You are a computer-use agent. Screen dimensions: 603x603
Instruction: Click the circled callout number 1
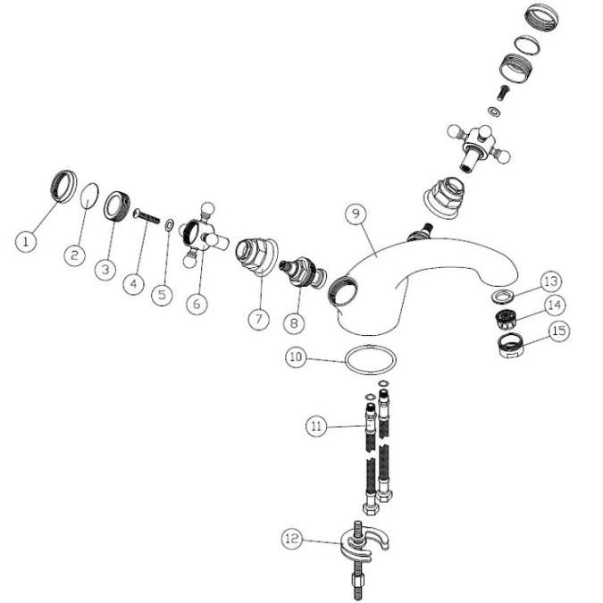26,241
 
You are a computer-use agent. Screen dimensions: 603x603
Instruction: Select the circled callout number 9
356,214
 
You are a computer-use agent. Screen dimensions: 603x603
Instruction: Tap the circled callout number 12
292,539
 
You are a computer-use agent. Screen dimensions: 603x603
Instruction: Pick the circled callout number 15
559,331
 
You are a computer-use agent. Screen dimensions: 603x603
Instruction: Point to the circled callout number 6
197,304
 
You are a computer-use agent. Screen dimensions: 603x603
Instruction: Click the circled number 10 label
296,356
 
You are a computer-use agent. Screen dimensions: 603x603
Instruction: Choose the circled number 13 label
551,281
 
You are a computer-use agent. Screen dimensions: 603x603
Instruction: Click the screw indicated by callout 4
147,216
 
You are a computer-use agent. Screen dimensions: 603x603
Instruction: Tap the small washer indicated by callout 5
169,225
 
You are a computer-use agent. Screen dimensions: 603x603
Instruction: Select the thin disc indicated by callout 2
89,196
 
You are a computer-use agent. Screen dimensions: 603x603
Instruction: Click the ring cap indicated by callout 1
63,186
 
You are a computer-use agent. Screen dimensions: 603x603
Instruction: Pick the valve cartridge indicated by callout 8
303,272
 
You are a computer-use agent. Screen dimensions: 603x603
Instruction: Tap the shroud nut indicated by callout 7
255,255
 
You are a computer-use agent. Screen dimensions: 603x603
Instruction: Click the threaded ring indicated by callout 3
118,206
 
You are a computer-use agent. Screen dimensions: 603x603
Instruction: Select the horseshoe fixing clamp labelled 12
364,543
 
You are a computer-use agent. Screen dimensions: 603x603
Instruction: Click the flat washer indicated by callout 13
501,297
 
